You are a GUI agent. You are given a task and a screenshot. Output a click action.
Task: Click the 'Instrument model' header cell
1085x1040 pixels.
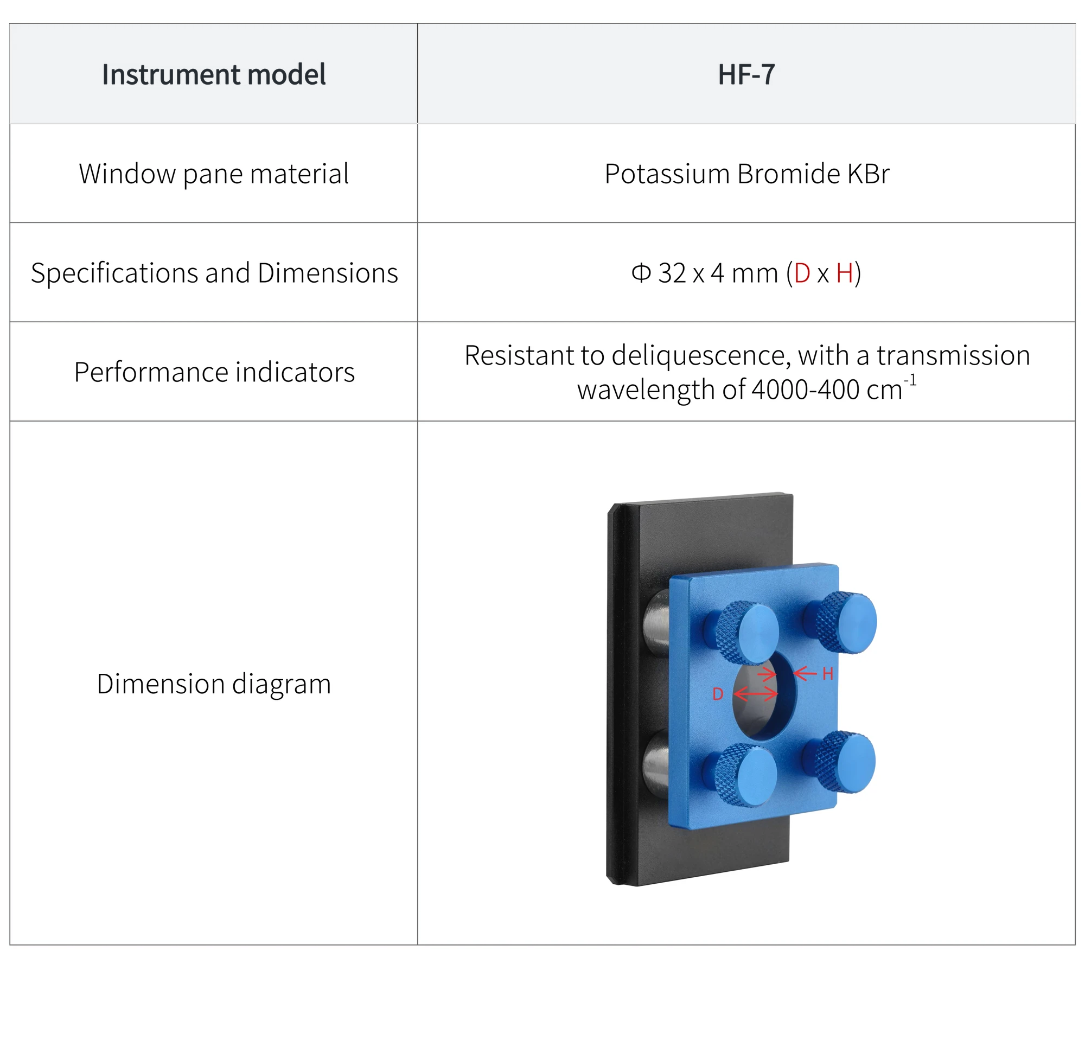[x=214, y=74]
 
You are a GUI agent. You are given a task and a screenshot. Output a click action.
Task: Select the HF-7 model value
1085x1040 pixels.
[x=746, y=74]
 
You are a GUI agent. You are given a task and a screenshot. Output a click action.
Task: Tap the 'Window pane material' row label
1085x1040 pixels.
[x=214, y=174]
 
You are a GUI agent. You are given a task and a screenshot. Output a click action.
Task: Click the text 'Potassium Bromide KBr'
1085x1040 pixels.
[x=747, y=174]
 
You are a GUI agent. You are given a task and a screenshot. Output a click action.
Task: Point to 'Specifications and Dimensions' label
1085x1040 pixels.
[x=214, y=273]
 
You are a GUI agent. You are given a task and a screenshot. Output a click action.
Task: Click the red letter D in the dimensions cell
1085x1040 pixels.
[x=802, y=273]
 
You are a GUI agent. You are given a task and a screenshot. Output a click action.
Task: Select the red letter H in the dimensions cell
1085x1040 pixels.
[x=845, y=273]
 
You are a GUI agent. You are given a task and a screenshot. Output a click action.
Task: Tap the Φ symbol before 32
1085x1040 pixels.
[x=641, y=273]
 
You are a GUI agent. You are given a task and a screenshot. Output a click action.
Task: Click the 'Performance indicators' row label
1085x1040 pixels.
[x=214, y=372]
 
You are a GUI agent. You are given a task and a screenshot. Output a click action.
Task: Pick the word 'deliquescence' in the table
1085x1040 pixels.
[x=701, y=355]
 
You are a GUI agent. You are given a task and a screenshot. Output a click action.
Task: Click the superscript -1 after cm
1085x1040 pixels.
[x=910, y=381]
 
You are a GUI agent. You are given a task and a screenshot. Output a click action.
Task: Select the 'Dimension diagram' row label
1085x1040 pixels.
[x=214, y=684]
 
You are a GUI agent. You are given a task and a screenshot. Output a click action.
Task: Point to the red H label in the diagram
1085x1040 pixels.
[x=828, y=674]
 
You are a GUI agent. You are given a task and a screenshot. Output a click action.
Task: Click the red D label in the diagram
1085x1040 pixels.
[x=718, y=694]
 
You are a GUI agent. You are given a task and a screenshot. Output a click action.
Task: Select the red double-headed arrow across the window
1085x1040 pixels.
[x=756, y=693]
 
